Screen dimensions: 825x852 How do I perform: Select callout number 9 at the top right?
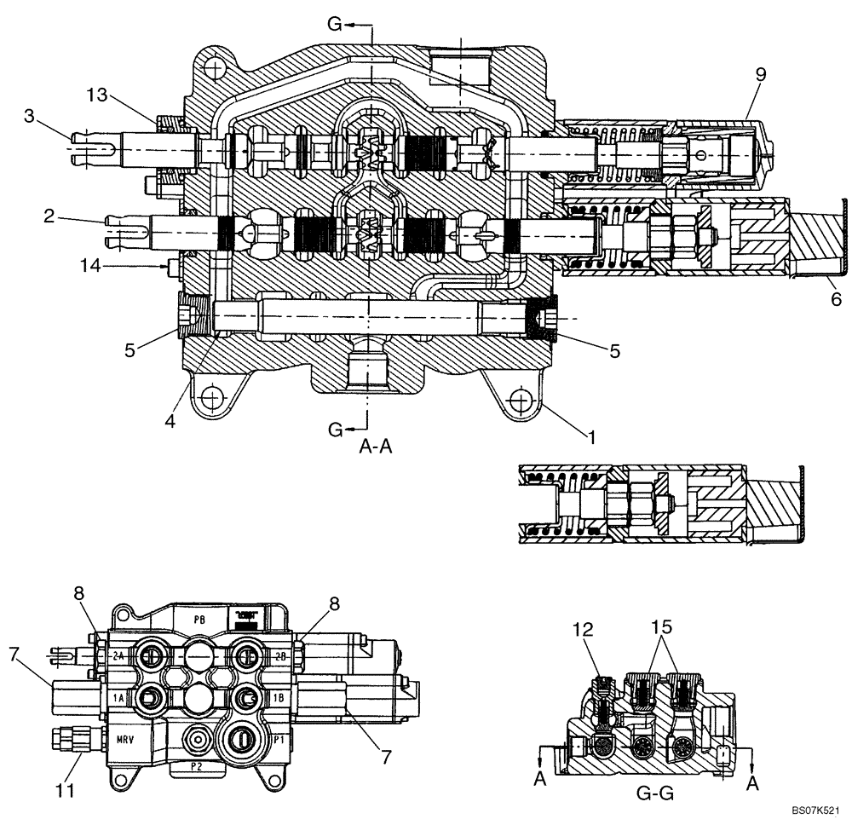pyautogui.click(x=760, y=74)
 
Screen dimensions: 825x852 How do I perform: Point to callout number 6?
pyautogui.click(x=836, y=299)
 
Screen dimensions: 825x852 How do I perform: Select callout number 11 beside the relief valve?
pyautogui.click(x=66, y=790)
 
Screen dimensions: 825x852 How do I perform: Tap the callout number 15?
pyautogui.click(x=663, y=627)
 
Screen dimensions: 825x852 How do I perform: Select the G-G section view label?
pyautogui.click(x=655, y=793)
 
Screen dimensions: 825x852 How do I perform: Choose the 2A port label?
pyautogui.click(x=118, y=655)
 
